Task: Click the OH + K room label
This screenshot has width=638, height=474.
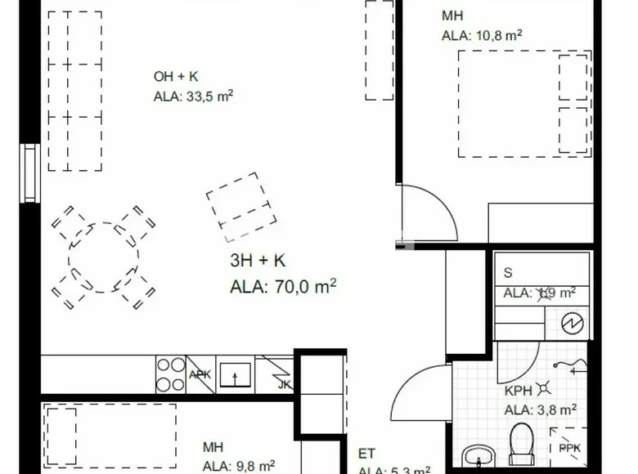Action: tap(176, 77)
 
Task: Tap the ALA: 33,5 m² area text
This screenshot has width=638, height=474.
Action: tap(194, 96)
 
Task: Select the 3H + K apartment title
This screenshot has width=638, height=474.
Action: tap(258, 262)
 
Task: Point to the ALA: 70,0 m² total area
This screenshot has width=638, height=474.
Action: tap(283, 286)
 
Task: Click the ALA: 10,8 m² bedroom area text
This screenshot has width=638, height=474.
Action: tap(482, 34)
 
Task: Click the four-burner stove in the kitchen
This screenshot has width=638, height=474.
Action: tap(171, 375)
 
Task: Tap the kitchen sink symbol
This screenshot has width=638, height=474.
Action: tap(234, 375)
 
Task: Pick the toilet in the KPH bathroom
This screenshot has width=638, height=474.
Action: tap(520, 441)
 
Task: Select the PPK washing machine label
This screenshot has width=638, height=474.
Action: tap(569, 449)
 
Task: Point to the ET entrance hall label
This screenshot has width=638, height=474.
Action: tap(366, 454)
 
